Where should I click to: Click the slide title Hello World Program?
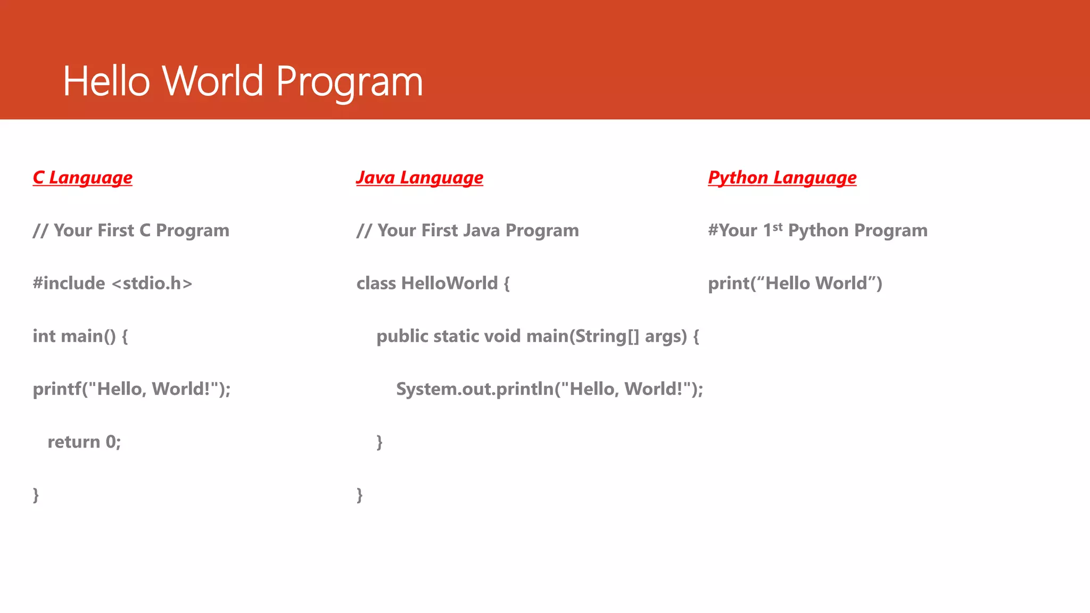click(243, 81)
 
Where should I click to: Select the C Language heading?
click(82, 178)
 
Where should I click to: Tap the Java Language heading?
click(419, 178)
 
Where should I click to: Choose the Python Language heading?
click(782, 178)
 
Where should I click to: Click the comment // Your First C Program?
click(131, 230)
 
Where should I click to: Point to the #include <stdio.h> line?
click(112, 283)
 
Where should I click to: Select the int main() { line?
click(80, 336)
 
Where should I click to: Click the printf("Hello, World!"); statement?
click(131, 389)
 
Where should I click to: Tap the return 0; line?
click(84, 442)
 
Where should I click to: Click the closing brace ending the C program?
click(36, 495)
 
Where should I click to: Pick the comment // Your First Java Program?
click(467, 230)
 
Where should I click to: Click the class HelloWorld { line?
click(433, 283)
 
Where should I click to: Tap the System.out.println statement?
click(549, 389)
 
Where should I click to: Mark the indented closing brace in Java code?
click(379, 442)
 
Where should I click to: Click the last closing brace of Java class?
click(360, 495)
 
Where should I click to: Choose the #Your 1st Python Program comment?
click(817, 230)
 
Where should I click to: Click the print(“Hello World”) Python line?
click(795, 283)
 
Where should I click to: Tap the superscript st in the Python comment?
click(778, 227)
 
